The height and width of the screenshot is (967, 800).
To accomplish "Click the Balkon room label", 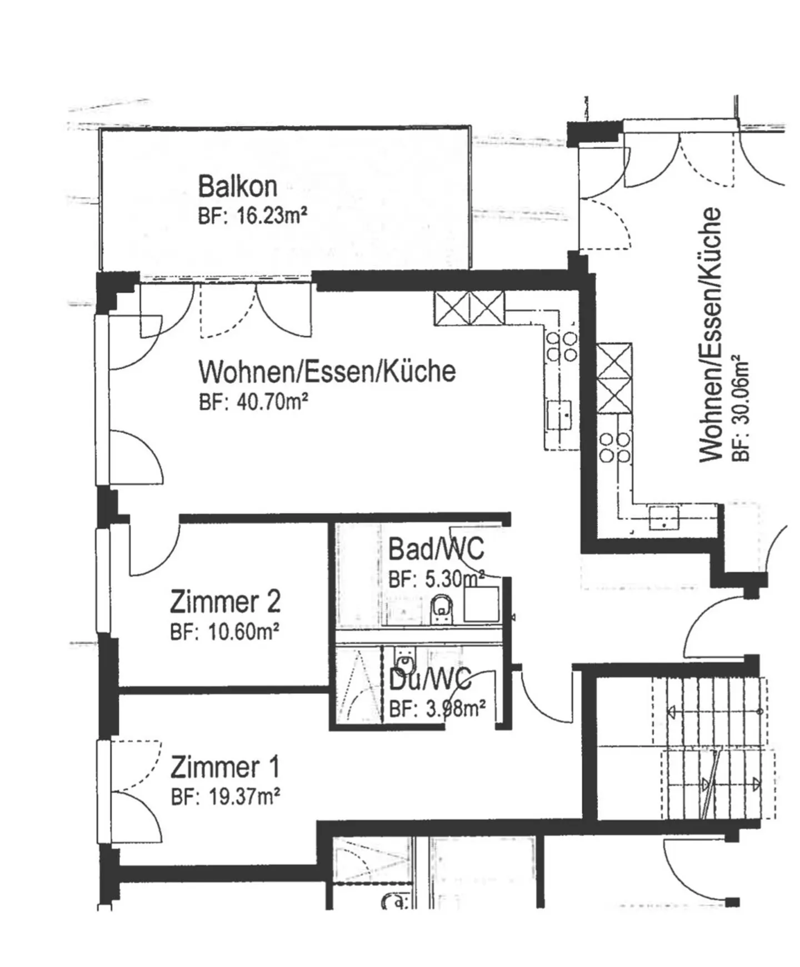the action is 238,186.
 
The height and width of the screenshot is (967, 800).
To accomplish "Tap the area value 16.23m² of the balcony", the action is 272,216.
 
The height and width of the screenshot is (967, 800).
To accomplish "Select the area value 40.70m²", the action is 273,402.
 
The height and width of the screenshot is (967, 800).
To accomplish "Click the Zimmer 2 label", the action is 226,602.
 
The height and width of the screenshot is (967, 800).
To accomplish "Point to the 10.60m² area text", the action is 243,632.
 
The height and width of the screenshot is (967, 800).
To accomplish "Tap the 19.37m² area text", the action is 244,798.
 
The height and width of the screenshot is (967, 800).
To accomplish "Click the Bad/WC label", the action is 436,549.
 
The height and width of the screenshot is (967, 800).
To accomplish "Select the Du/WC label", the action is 431,679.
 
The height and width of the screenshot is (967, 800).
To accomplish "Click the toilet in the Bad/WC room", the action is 442,609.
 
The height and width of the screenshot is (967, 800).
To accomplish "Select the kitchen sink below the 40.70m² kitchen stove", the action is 559,414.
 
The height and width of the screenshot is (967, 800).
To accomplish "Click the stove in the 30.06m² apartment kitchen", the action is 616,448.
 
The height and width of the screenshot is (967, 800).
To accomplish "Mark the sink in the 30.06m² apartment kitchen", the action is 664,518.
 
